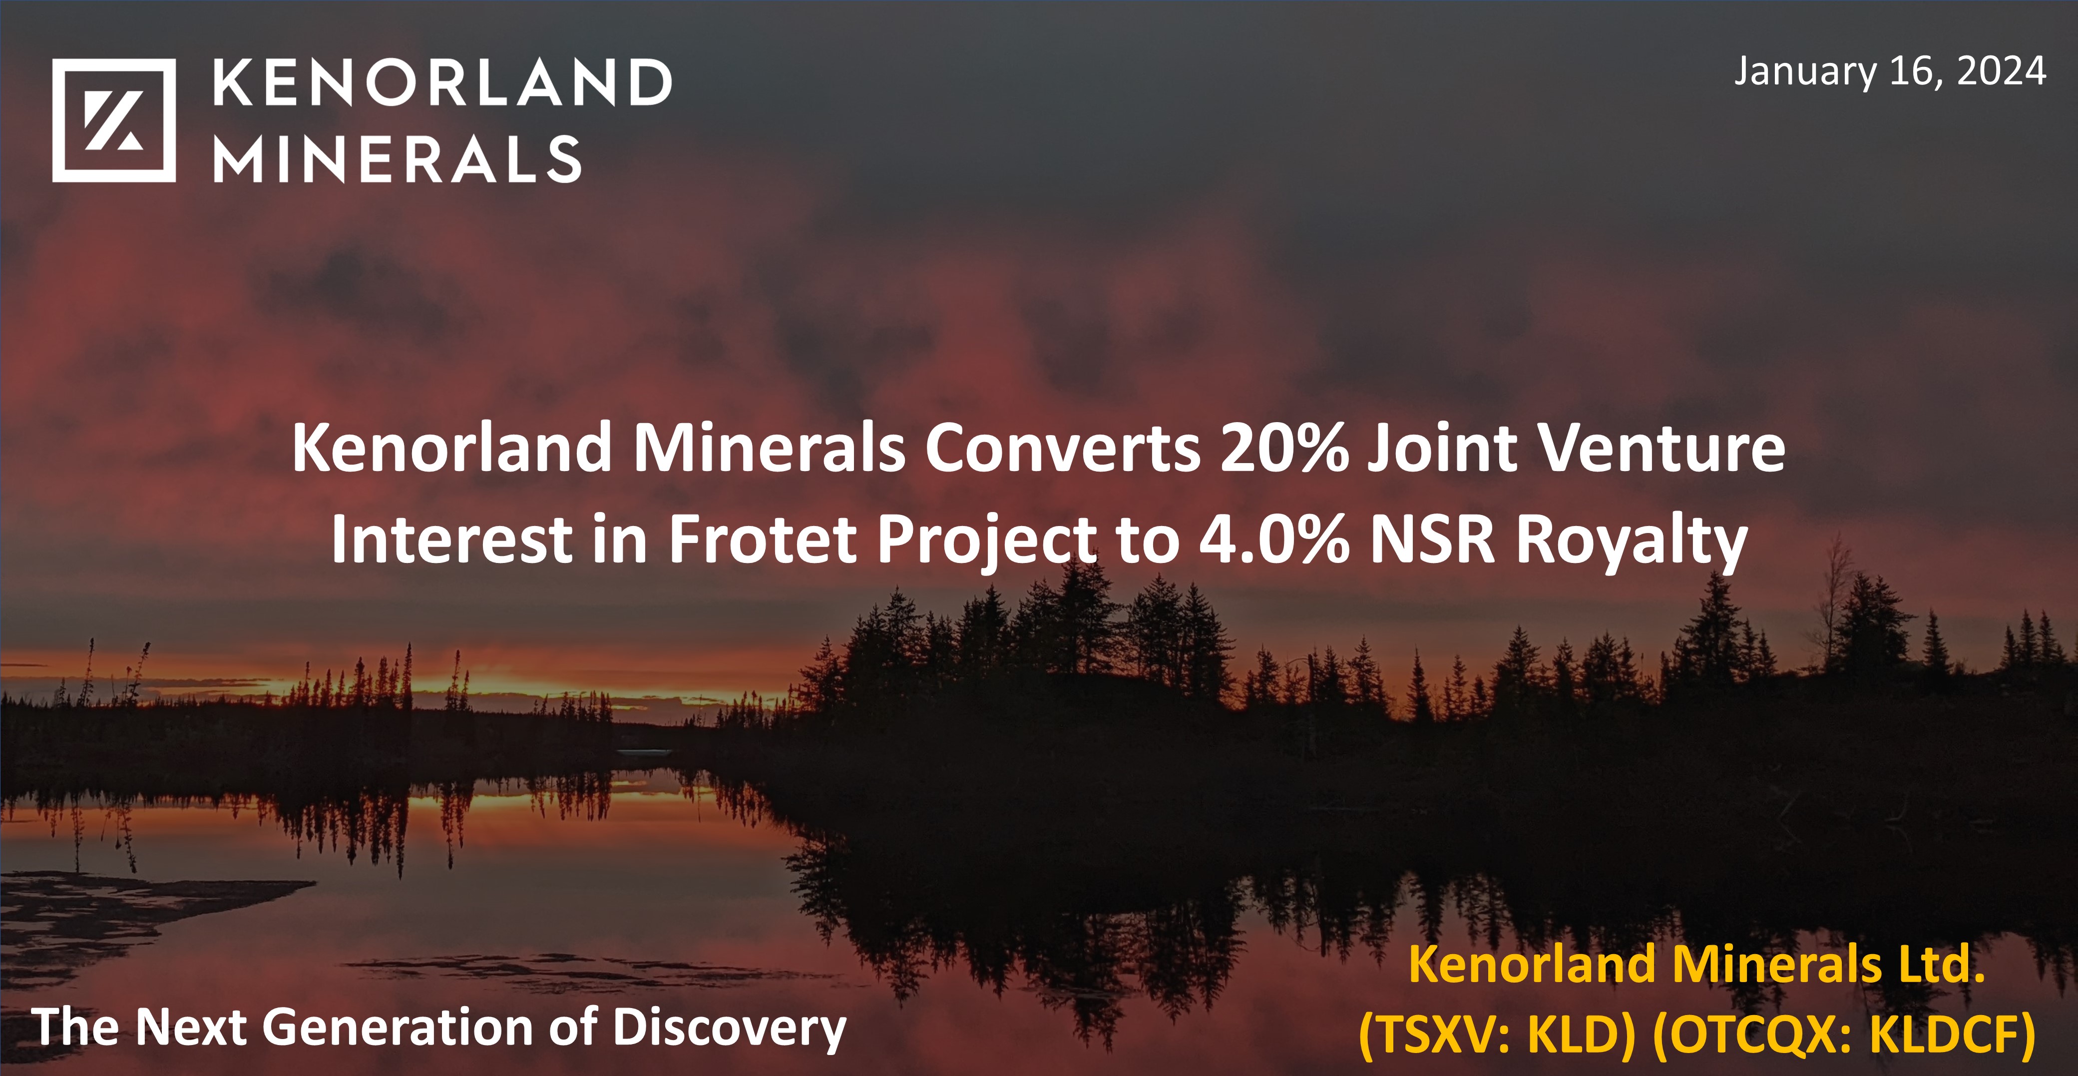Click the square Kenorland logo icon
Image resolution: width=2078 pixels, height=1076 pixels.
pyautogui.click(x=114, y=120)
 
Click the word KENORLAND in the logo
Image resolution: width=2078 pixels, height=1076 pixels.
pyautogui.click(x=442, y=82)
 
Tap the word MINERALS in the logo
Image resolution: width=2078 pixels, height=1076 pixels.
pyautogui.click(x=397, y=159)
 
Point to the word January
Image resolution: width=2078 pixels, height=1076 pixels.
pyautogui.click(x=1805, y=72)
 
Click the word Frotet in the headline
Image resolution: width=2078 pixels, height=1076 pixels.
pyautogui.click(x=762, y=539)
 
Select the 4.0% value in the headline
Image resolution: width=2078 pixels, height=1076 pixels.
pyautogui.click(x=1274, y=539)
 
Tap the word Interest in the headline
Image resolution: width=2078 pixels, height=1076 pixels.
pyautogui.click(x=452, y=539)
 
